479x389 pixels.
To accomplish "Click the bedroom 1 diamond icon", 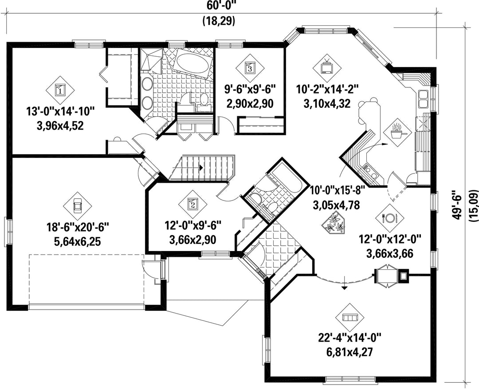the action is [x=60, y=90].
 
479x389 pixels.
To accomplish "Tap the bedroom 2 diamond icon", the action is [x=193, y=204].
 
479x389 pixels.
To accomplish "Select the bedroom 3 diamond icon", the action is [x=250, y=68].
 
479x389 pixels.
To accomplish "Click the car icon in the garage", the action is [x=78, y=206].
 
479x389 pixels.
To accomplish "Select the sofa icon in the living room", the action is [x=350, y=318].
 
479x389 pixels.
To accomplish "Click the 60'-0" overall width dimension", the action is [x=218, y=5].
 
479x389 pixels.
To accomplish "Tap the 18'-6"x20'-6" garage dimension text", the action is [x=78, y=228].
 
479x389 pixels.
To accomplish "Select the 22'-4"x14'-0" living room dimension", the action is [x=350, y=338].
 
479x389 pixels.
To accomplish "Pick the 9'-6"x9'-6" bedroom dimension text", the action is [x=250, y=90].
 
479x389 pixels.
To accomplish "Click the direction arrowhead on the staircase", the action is [x=201, y=168].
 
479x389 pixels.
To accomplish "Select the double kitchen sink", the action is [x=423, y=98].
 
